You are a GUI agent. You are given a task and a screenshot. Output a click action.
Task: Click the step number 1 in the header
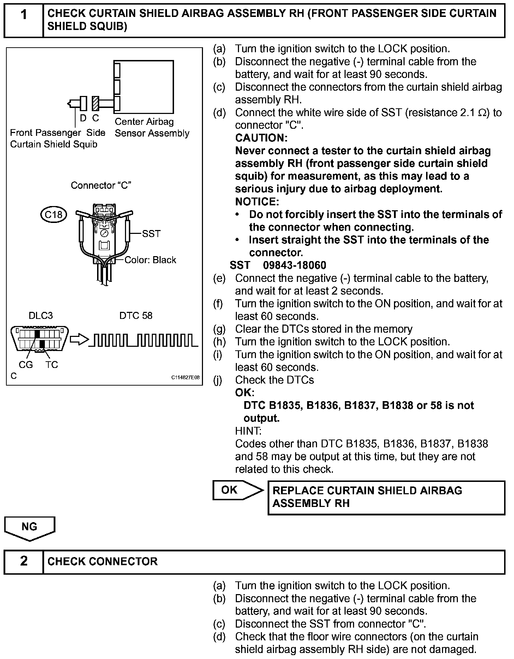pyautogui.click(x=23, y=15)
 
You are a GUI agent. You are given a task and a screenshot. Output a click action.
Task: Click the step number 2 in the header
pyautogui.click(x=23, y=561)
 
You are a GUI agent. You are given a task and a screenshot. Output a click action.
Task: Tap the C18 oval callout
pyautogui.click(x=54, y=214)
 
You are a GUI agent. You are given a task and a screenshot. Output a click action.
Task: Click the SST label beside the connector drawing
pyautogui.click(x=151, y=234)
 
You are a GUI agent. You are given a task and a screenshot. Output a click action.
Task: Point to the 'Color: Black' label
pyautogui.click(x=150, y=260)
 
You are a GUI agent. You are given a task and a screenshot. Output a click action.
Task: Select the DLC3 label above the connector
pyautogui.click(x=41, y=315)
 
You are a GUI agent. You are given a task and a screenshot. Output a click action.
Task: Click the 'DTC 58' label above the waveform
pyautogui.click(x=136, y=315)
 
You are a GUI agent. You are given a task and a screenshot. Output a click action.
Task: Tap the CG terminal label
pyautogui.click(x=25, y=365)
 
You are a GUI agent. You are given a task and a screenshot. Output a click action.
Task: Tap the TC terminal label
pyautogui.click(x=52, y=365)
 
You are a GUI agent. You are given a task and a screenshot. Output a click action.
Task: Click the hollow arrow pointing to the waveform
pyautogui.click(x=78, y=339)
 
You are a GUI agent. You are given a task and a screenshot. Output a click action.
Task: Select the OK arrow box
pyautogui.click(x=237, y=490)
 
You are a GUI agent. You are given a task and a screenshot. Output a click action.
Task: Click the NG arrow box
pyautogui.click(x=30, y=527)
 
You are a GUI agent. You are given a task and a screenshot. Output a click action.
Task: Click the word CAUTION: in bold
pyautogui.click(x=261, y=138)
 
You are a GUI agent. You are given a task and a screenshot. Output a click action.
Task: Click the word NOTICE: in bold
pyautogui.click(x=257, y=202)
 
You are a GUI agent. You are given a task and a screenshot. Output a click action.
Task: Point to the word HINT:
pyautogui.click(x=248, y=431)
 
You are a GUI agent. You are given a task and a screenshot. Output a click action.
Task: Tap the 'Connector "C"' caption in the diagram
pyautogui.click(x=101, y=186)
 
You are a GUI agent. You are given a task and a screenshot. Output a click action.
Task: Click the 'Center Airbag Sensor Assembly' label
pyautogui.click(x=152, y=128)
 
